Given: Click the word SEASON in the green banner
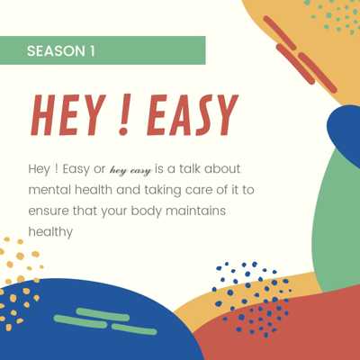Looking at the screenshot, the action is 56,50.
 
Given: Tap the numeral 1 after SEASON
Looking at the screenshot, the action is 92,50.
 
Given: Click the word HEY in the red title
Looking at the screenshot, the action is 68,114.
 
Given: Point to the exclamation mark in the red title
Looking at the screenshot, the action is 124,114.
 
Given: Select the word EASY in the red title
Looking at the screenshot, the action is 193,114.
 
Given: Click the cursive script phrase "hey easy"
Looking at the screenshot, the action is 130,170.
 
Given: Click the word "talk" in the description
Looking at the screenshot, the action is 190,168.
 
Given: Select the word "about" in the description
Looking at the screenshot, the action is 222,168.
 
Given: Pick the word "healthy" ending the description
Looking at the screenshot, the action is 50,232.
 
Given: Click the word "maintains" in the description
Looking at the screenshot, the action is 196,211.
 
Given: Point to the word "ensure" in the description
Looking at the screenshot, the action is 49,211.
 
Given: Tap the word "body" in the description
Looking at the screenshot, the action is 147,211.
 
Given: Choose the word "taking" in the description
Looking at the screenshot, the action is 163,191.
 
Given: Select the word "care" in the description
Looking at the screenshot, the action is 199,190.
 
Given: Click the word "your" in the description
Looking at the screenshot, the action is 114,211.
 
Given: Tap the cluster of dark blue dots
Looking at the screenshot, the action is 251,299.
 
